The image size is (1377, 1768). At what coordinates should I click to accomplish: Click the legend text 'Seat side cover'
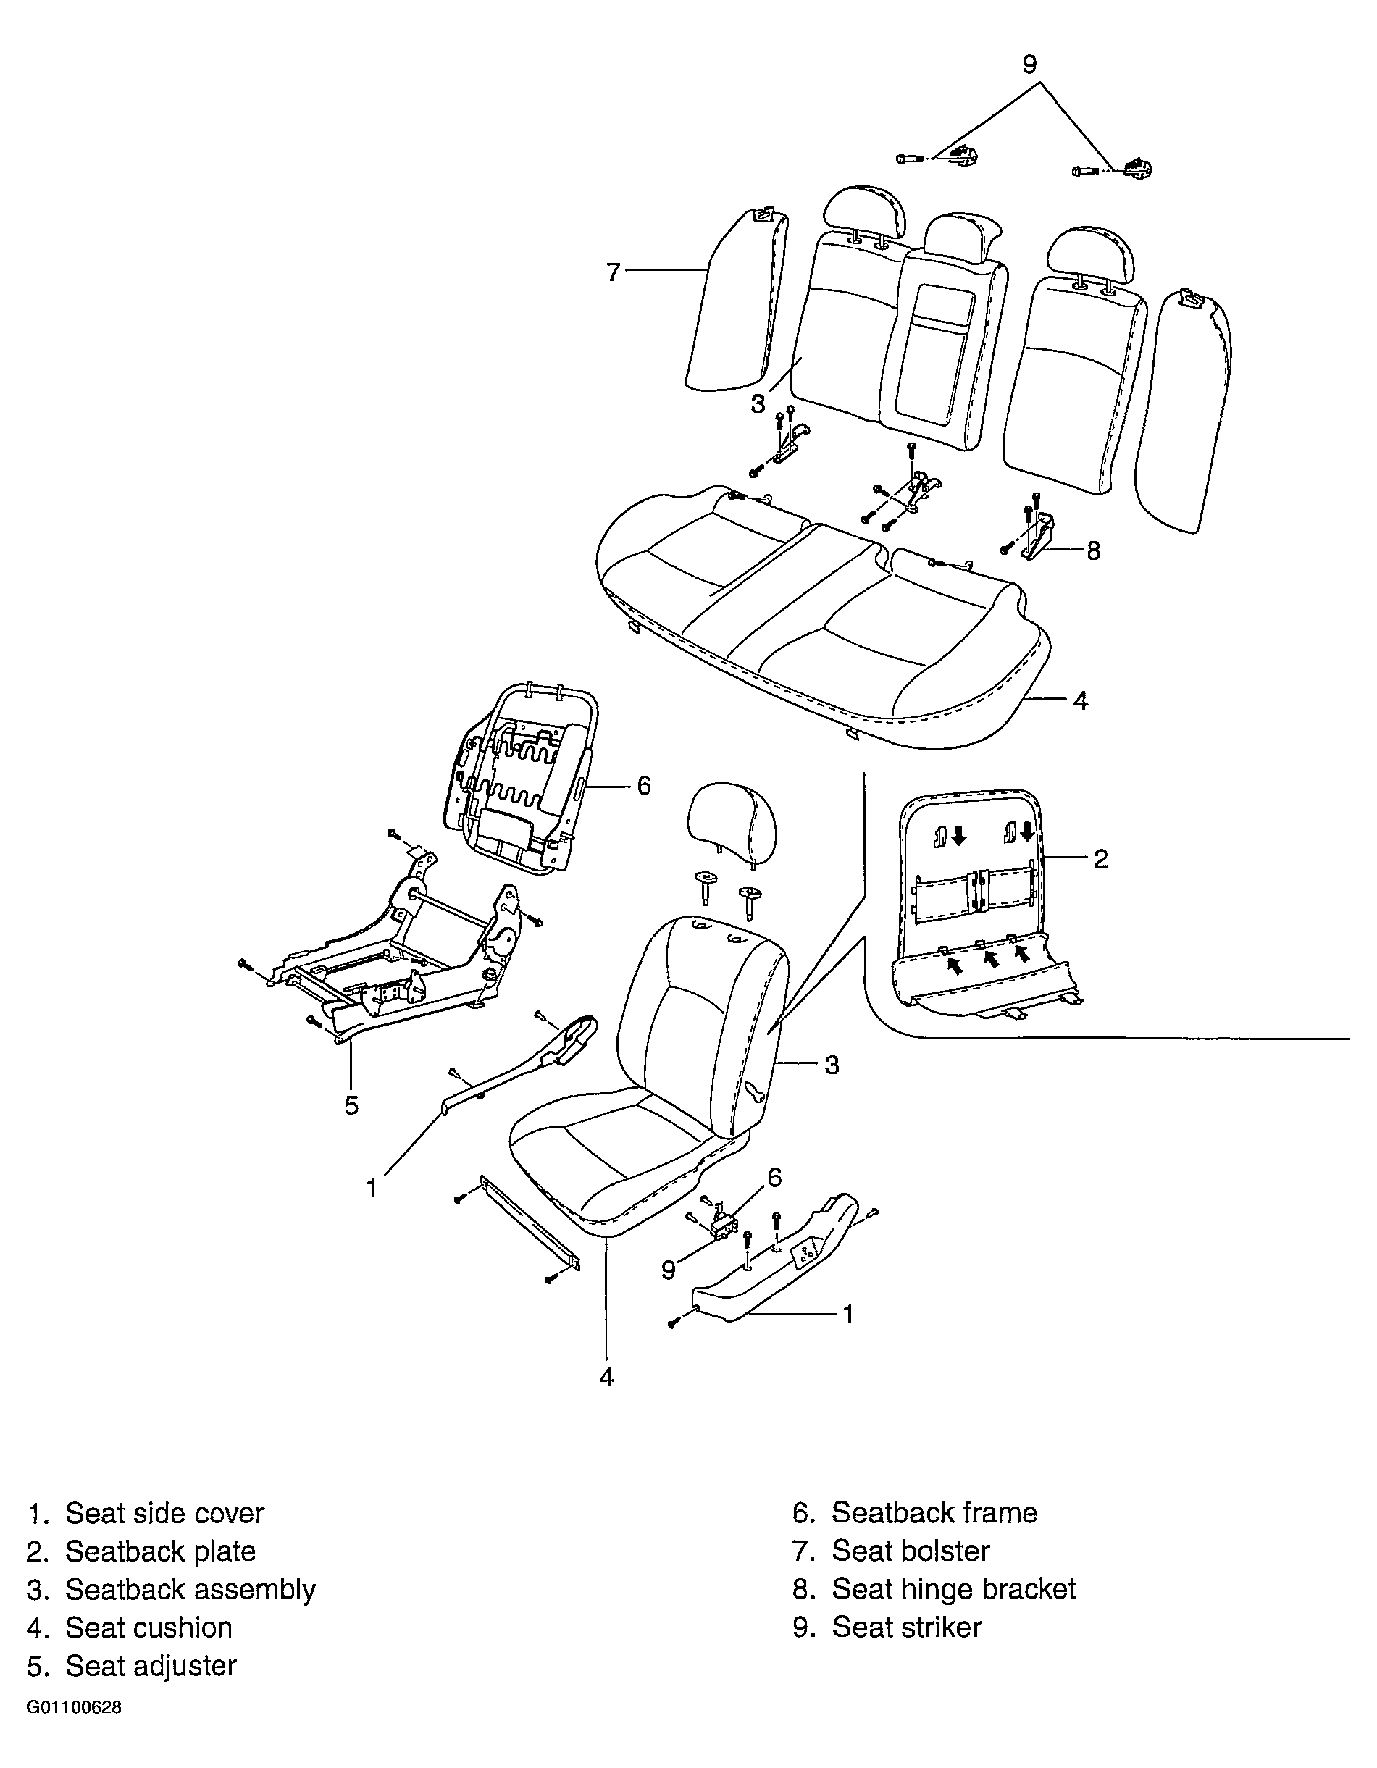[x=164, y=1513]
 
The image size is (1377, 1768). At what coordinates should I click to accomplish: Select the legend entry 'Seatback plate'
[x=160, y=1551]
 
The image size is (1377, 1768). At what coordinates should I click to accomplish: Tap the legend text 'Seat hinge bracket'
[x=954, y=1589]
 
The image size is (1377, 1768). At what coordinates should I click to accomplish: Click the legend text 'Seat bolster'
[x=911, y=1551]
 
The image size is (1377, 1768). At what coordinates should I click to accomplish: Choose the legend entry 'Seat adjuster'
[x=151, y=1665]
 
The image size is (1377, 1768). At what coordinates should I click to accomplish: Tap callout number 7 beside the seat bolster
[x=613, y=272]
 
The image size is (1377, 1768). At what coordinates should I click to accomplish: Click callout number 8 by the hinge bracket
[x=1093, y=550]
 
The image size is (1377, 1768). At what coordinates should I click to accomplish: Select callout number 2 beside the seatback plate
[x=1101, y=858]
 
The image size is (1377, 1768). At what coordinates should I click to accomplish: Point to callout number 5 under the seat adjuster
[x=351, y=1105]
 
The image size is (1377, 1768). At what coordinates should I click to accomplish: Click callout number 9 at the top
[x=1030, y=64]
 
